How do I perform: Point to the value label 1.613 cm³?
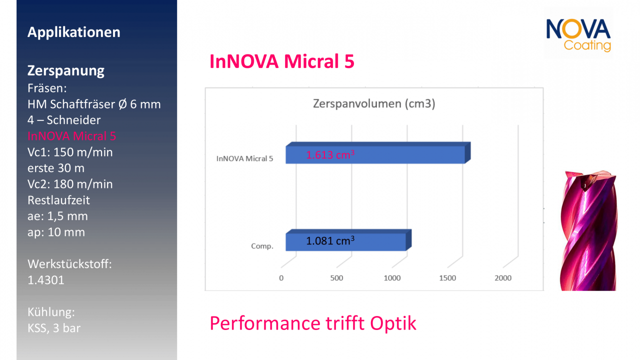click(x=330, y=155)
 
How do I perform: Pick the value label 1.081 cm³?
click(x=330, y=241)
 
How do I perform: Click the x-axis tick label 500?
click(x=337, y=278)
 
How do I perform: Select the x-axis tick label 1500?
click(x=447, y=278)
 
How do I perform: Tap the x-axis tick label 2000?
click(x=502, y=278)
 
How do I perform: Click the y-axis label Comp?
click(x=261, y=246)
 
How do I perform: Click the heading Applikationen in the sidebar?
click(x=74, y=32)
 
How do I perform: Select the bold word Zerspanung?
click(x=66, y=70)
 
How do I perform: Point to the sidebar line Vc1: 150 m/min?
click(x=70, y=152)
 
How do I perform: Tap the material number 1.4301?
click(x=46, y=280)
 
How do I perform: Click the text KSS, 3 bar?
click(x=54, y=328)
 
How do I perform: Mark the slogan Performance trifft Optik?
click(x=312, y=323)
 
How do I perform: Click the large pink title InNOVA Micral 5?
click(x=282, y=61)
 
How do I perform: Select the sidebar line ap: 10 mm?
click(x=56, y=232)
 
